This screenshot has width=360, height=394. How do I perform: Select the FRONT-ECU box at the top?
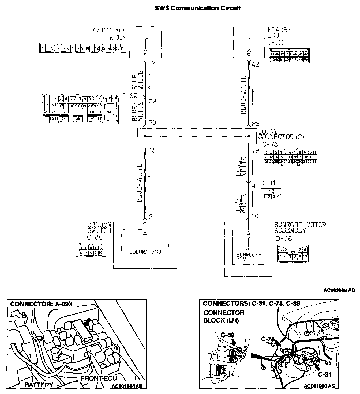click(x=145, y=42)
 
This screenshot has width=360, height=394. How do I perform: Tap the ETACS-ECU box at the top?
click(x=249, y=42)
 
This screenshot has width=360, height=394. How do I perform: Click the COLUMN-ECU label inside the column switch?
click(x=145, y=252)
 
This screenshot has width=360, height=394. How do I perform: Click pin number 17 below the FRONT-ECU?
click(x=152, y=64)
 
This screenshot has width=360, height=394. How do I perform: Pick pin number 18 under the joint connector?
click(x=152, y=150)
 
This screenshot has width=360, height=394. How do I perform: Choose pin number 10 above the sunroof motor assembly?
click(x=255, y=216)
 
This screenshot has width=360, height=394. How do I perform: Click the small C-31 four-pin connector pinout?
click(x=271, y=196)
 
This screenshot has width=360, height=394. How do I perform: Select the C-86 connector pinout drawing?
click(x=91, y=250)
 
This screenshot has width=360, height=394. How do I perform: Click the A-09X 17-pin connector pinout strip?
click(x=83, y=48)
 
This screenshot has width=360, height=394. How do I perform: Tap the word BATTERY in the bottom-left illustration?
click(x=39, y=385)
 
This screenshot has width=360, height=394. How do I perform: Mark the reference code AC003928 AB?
click(x=339, y=290)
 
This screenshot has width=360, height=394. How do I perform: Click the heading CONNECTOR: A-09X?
click(x=41, y=304)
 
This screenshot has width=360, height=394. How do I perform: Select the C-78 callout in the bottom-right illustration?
click(x=268, y=339)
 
